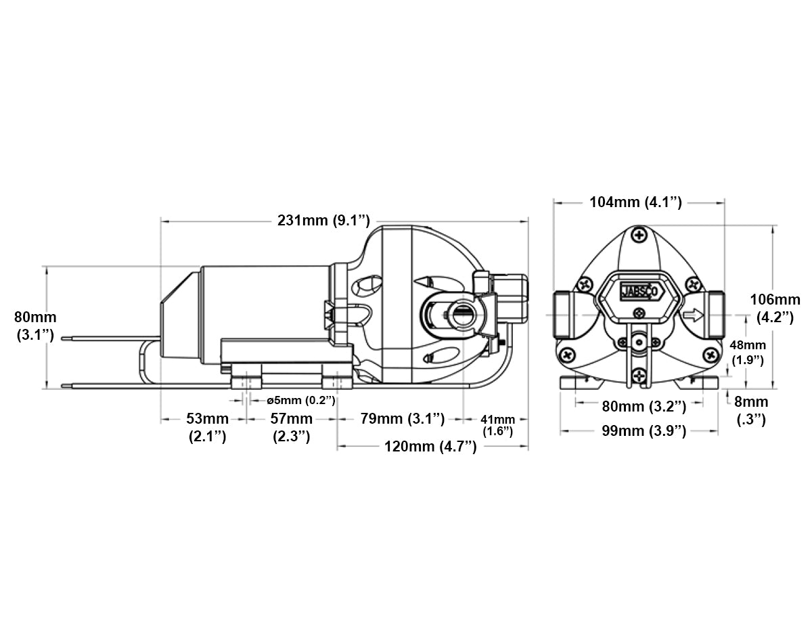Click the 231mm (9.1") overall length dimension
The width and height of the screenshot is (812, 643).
pyautogui.click(x=323, y=220)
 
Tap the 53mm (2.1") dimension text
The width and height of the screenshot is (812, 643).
pyautogui.click(x=207, y=428)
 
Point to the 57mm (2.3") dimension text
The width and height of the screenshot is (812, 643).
pyautogui.click(x=292, y=428)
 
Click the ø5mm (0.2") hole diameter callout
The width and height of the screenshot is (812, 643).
pyautogui.click(x=301, y=400)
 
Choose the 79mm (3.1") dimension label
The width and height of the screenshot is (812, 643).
pyautogui.click(x=402, y=419)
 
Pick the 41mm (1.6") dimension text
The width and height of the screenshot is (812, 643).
pyautogui.click(x=497, y=425)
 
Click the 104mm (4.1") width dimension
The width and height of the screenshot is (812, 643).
pyautogui.click(x=635, y=202)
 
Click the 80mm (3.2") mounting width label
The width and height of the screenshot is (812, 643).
pyautogui.click(x=644, y=406)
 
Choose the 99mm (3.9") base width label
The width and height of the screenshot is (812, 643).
pyautogui.click(x=644, y=431)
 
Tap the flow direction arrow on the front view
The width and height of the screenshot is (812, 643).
pyautogui.click(x=693, y=315)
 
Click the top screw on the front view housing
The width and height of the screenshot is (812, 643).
pyautogui.click(x=639, y=236)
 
